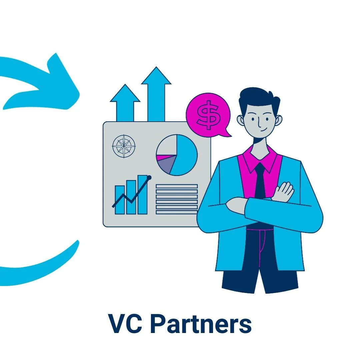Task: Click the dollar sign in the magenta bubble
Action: tap(208, 114)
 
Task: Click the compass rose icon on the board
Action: tap(124, 146)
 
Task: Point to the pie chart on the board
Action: tap(177, 155)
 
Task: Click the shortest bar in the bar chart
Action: tap(120, 200)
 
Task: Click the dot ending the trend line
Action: tap(149, 177)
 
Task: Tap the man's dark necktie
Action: tap(260, 182)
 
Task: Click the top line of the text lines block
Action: tap(177, 186)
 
